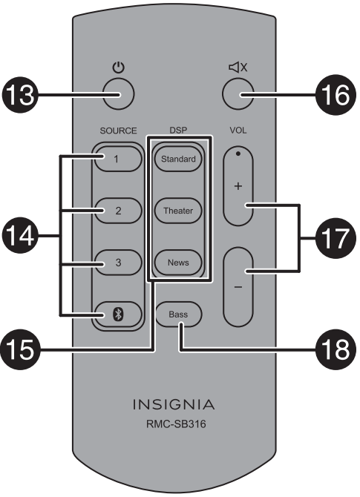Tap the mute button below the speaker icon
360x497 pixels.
point(238,95)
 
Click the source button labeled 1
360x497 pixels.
point(116,158)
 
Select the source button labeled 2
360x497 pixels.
point(116,210)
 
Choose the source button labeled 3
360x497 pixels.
point(116,262)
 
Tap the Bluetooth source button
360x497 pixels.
point(116,314)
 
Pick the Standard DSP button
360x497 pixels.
point(178,159)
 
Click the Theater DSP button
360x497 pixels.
point(178,211)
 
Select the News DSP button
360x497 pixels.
point(178,263)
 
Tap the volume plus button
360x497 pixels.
point(238,185)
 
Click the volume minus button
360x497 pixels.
point(238,286)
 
